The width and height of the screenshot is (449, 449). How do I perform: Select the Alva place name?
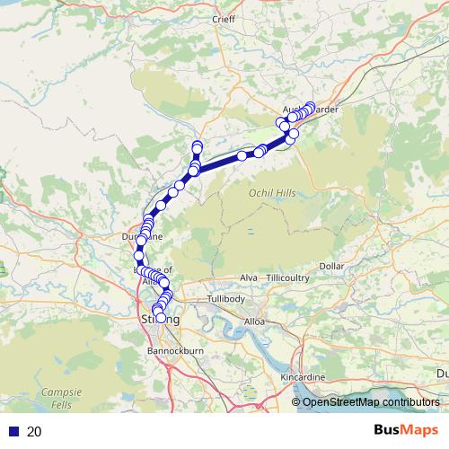point(250,278)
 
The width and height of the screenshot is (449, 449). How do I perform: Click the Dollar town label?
point(331,267)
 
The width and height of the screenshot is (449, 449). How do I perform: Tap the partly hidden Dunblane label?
point(142,236)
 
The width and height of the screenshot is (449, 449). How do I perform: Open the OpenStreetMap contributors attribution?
point(370,402)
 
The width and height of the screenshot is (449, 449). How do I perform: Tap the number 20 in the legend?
point(34,431)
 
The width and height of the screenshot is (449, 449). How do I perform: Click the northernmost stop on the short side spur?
point(197,145)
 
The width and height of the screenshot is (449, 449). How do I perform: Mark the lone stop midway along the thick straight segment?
point(242,156)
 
